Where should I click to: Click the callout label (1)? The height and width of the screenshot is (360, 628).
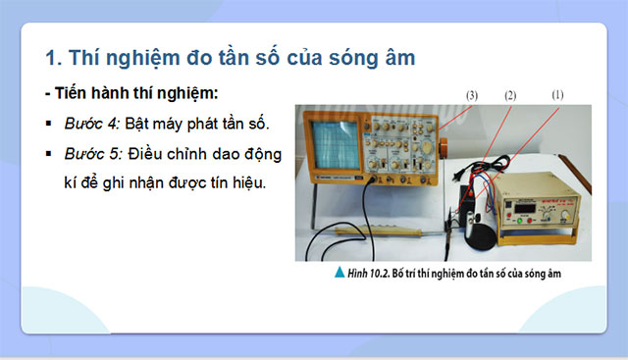tap(557, 95)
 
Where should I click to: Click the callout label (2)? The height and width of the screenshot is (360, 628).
tap(510, 95)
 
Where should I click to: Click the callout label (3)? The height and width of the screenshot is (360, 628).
tap(471, 95)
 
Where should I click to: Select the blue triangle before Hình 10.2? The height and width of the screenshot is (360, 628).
tap(339, 274)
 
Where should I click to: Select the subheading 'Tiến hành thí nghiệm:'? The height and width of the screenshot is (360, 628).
tap(136, 93)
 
